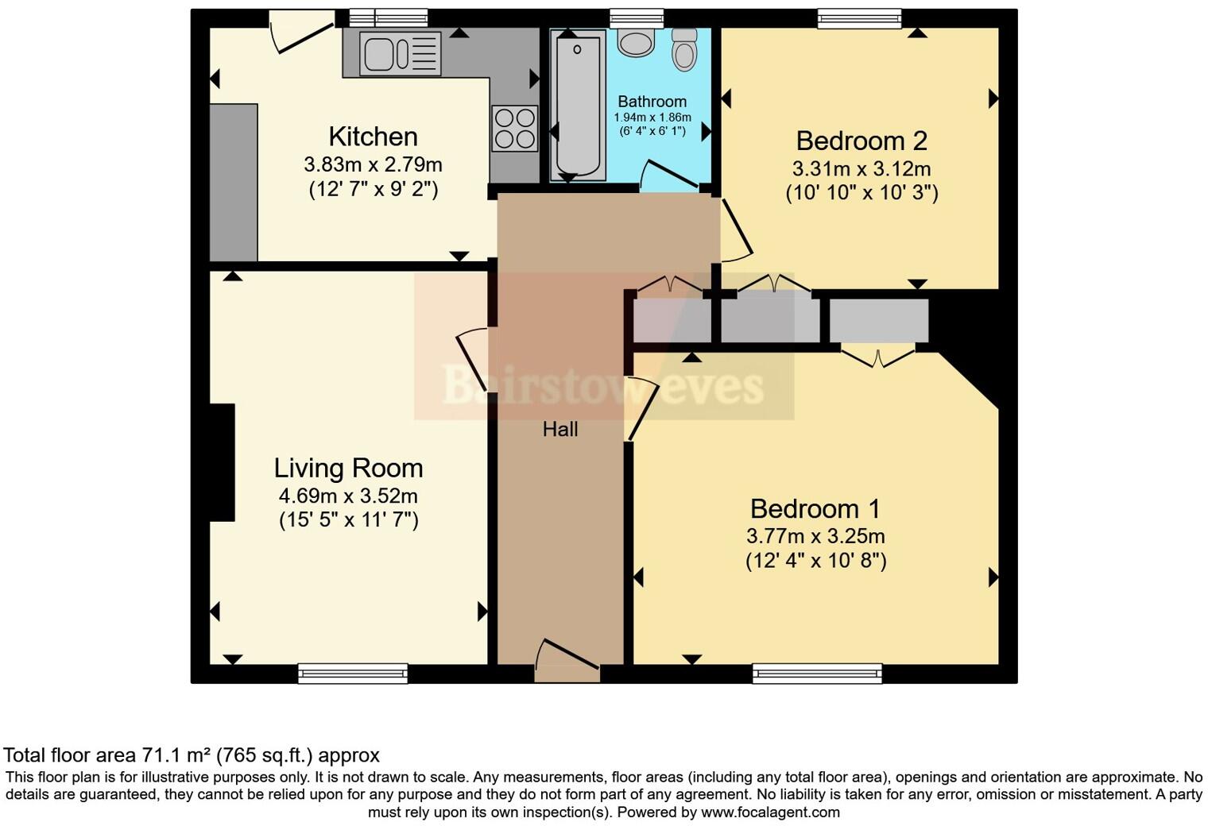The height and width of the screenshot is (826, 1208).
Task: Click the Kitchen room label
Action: pos(373,137)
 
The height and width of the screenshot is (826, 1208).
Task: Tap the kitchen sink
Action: pos(400,54)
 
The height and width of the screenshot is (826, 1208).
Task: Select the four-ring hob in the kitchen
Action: pos(514,129)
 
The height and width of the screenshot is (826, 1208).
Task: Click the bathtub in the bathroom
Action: pos(577,103)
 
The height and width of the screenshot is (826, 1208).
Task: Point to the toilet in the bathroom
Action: pos(683,50)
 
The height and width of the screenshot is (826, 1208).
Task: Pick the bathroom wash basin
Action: pos(636,41)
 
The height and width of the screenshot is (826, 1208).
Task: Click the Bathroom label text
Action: pos(652,102)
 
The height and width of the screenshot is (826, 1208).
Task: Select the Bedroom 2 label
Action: pos(861,141)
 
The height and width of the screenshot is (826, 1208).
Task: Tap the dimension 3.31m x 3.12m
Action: pos(861,169)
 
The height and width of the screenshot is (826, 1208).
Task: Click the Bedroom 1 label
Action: pos(815,508)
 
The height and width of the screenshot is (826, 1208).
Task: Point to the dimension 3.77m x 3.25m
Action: pos(815,536)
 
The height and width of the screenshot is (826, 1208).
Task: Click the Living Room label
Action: pos(348,468)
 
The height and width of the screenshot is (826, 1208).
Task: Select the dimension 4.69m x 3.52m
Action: pos(348,496)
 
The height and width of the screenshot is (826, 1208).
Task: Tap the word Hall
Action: pos(560,430)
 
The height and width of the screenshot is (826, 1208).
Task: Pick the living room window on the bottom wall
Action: pos(353,674)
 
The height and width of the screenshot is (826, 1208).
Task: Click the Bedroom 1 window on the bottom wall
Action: pos(817,674)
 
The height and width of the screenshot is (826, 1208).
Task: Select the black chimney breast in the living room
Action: pos(222,462)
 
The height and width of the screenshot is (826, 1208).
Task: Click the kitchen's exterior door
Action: pos(302,32)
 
